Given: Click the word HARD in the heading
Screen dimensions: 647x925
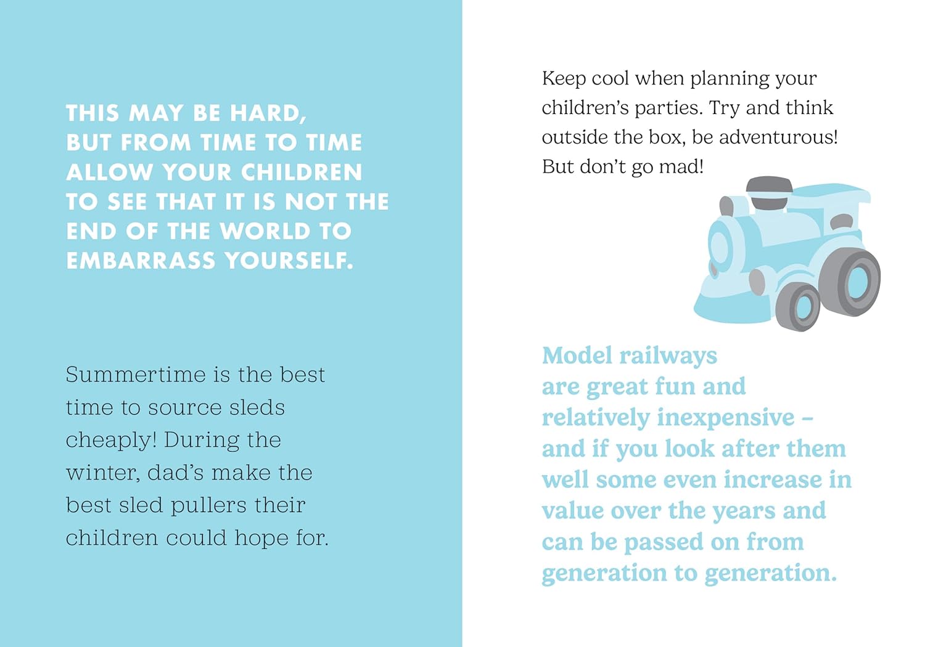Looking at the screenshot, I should (x=268, y=113).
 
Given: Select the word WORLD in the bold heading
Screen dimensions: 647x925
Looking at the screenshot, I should (x=265, y=231).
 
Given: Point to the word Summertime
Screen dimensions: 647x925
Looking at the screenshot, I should (x=136, y=375).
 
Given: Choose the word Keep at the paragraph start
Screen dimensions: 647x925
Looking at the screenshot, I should (x=564, y=79).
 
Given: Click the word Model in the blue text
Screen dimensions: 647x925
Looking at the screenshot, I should (x=577, y=356).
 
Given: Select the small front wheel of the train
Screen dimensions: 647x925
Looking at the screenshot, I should (x=798, y=306).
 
